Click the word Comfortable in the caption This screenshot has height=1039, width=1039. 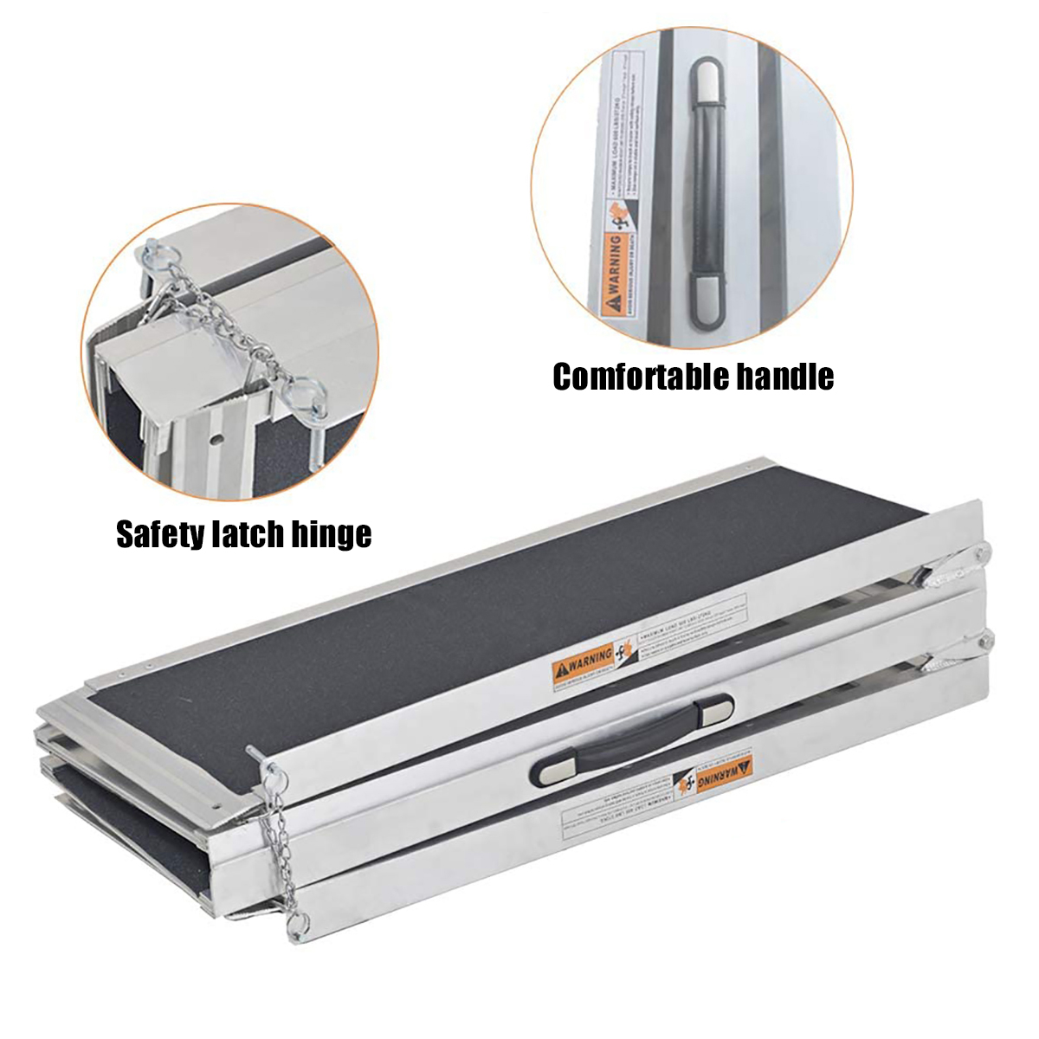[x=638, y=377]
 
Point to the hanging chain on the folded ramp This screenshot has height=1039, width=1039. [x=282, y=831]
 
